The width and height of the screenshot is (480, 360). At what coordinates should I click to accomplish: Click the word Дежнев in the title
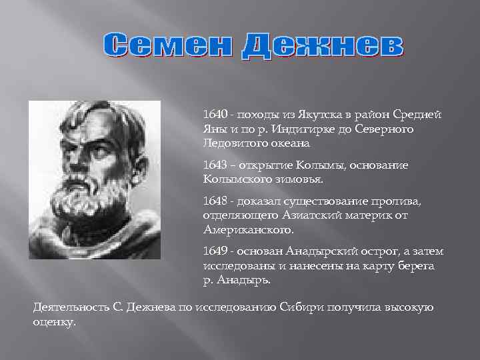click(x=322, y=45)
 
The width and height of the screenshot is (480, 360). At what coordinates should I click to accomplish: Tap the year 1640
click(x=216, y=115)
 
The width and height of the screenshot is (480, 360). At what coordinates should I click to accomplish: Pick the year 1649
click(x=216, y=251)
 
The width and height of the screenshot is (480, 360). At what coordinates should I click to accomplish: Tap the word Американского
click(x=248, y=229)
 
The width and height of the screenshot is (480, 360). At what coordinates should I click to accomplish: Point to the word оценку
click(x=54, y=321)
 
